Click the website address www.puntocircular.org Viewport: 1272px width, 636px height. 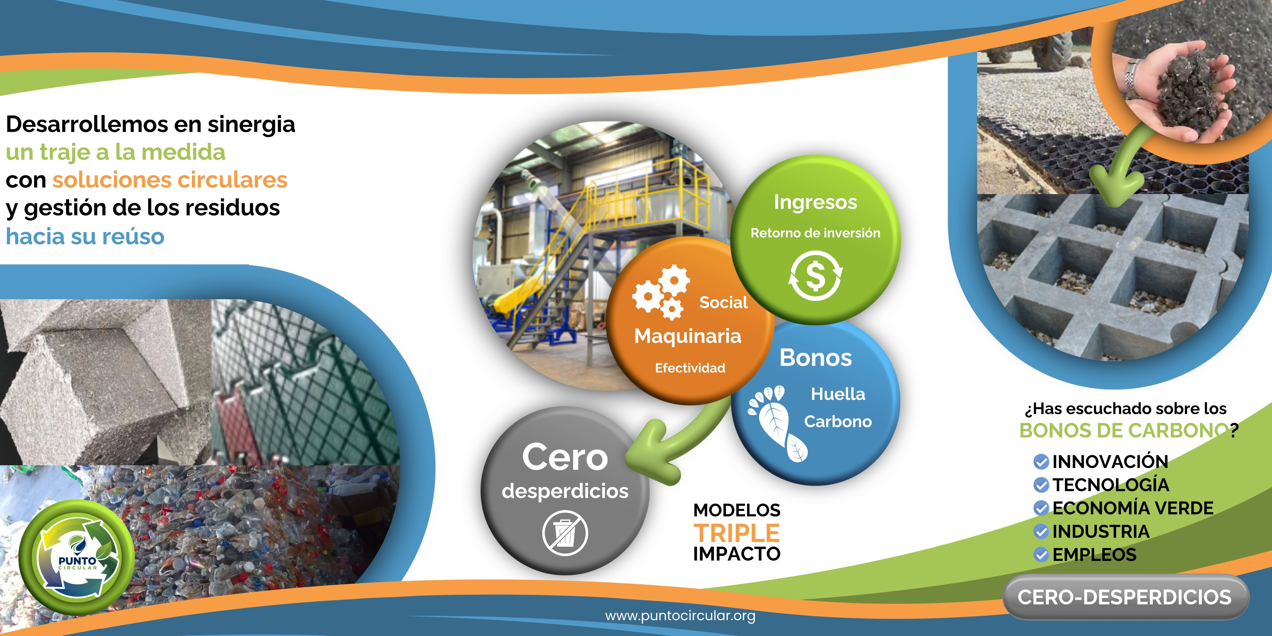pos(680,616)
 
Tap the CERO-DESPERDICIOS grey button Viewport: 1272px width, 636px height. pos(1126,597)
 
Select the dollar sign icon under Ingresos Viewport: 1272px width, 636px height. pos(815,275)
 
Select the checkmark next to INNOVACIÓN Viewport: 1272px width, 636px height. pos(1041,462)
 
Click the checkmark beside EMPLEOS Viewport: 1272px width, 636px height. pos(1041,555)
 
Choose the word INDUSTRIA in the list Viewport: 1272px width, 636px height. pos(1101,531)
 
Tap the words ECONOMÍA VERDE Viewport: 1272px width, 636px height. pos(1133,508)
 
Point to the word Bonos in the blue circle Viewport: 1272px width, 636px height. pos(816,358)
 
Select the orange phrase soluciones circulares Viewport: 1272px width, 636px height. pos(170,180)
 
